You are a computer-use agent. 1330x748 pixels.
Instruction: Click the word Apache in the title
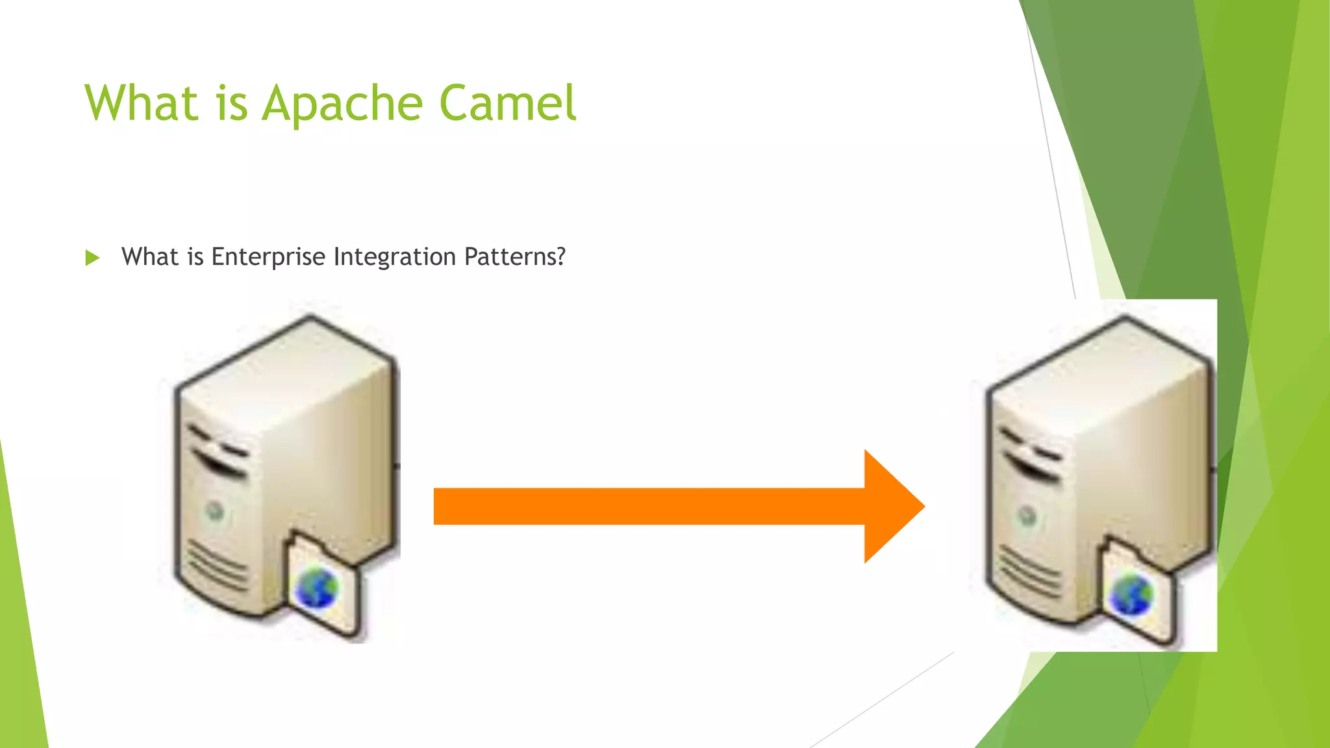tap(343, 104)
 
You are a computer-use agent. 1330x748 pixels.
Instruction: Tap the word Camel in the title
tap(507, 104)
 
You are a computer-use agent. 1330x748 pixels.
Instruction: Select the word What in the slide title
tap(141, 104)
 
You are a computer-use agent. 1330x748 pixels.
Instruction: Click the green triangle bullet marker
tap(92, 258)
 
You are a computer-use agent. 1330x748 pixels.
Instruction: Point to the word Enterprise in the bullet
tap(268, 257)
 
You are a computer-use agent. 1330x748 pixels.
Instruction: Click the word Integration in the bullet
tap(395, 257)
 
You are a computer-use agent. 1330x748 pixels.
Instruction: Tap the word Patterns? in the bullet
tap(515, 257)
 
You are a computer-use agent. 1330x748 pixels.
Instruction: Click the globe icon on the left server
tap(317, 588)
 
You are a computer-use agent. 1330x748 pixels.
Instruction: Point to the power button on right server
tap(1027, 517)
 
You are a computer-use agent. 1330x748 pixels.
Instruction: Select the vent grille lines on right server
tap(1029, 571)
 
